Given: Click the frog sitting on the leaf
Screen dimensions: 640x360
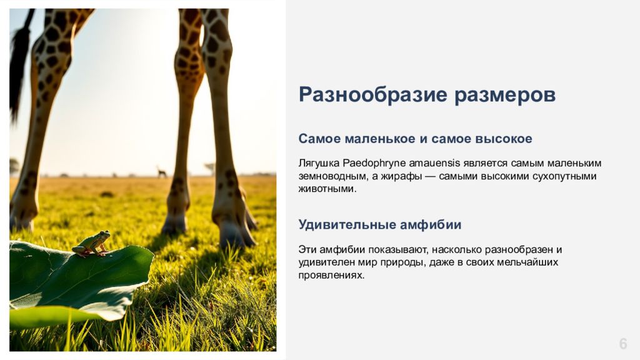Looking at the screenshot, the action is [x=92, y=244].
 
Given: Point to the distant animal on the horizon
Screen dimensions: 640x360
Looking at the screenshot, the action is [x=162, y=172].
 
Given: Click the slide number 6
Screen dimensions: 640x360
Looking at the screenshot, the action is [x=623, y=344].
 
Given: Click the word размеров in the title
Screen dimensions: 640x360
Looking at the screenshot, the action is [x=505, y=96].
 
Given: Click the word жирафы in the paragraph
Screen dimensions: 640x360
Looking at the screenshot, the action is [x=402, y=176].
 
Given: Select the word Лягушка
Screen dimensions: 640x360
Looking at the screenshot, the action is [x=319, y=163].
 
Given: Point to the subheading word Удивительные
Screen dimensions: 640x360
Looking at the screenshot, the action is [x=347, y=225].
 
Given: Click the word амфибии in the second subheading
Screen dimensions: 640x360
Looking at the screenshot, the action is [x=431, y=225].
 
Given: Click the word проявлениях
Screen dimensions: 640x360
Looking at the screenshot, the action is [x=331, y=276].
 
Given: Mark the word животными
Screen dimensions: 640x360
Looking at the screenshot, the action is [x=327, y=189].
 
